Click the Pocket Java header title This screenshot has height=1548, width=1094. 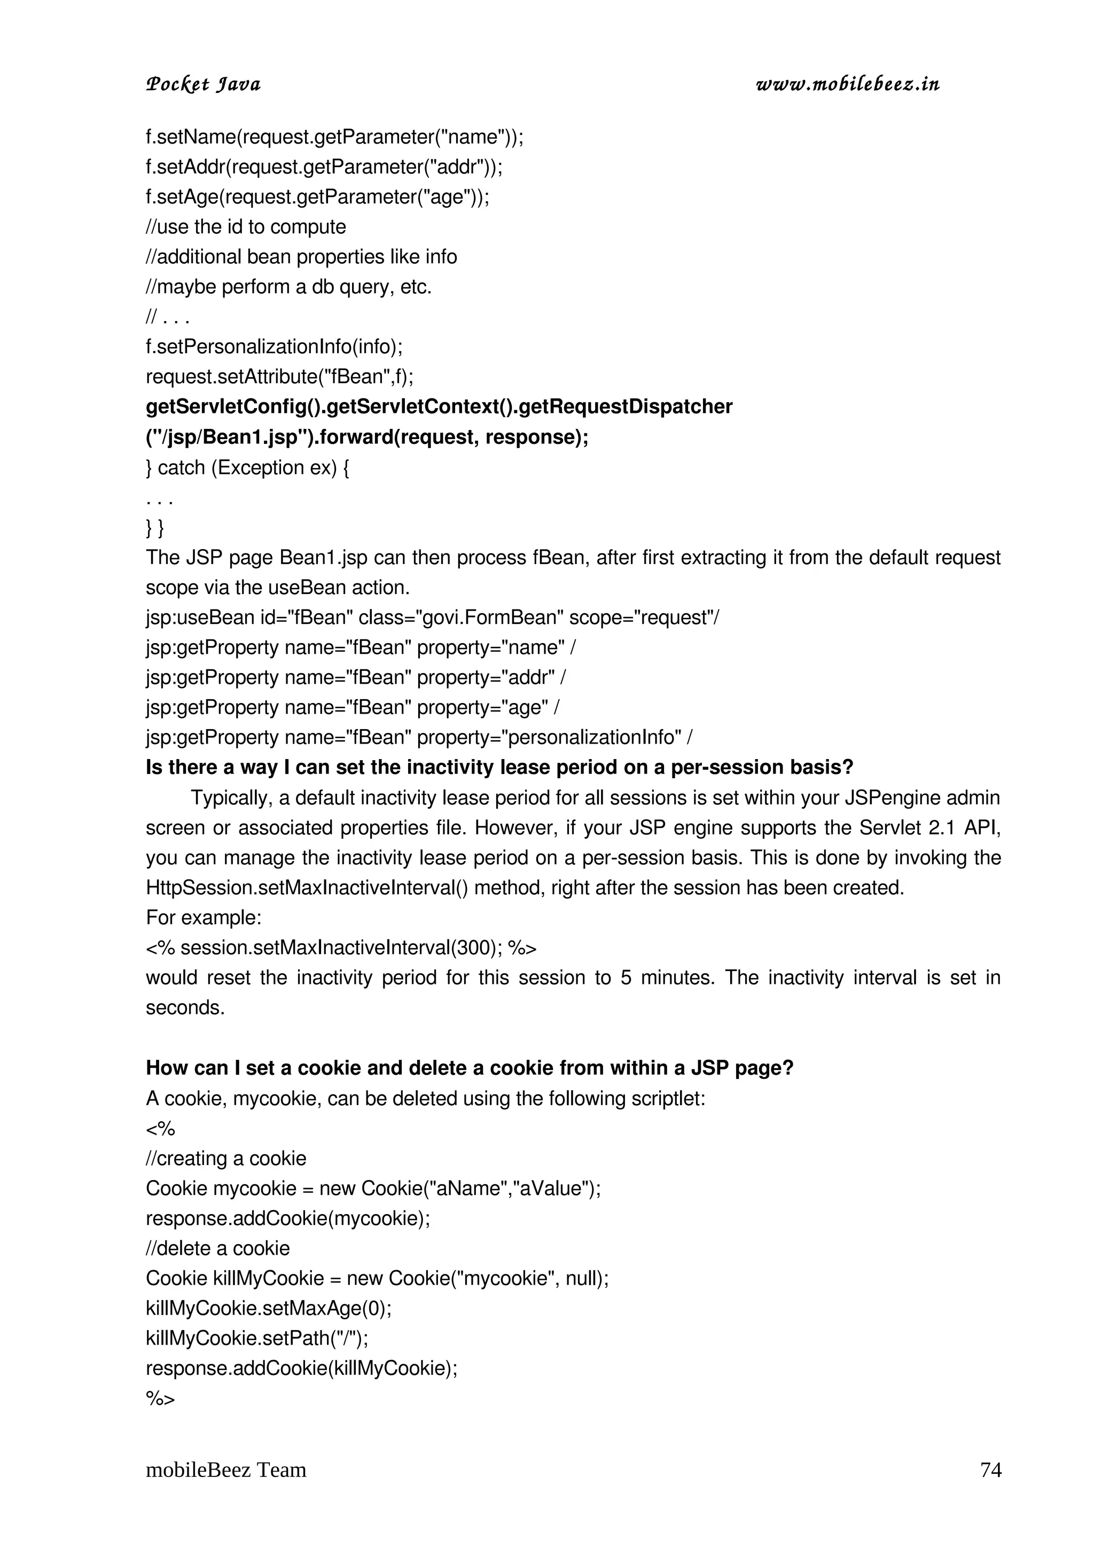[203, 85]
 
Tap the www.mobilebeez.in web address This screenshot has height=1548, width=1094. [847, 85]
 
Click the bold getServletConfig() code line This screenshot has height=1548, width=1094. [439, 407]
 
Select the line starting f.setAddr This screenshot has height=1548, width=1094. [324, 167]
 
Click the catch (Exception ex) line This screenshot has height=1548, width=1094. [247, 467]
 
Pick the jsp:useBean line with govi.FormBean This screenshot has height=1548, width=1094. [432, 617]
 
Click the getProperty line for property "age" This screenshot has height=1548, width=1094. [353, 707]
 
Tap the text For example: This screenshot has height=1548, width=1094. [204, 918]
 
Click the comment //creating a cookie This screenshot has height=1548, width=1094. [226, 1158]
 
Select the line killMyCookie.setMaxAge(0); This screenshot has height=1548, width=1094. [268, 1309]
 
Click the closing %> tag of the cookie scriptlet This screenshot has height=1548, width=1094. [160, 1399]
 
